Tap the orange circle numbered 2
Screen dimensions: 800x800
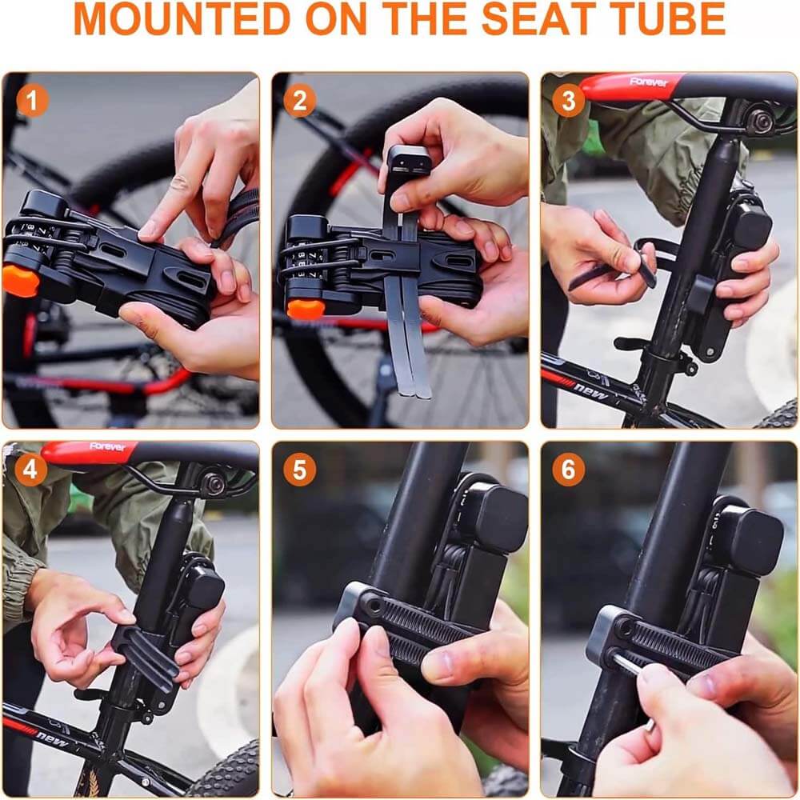coord(299,101)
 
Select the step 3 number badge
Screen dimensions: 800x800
coord(568,101)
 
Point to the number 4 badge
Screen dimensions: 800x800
coord(30,470)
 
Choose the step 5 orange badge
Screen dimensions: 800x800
coord(299,470)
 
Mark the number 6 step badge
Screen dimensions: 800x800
coord(568,470)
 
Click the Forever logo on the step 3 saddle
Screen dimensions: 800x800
coord(648,82)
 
